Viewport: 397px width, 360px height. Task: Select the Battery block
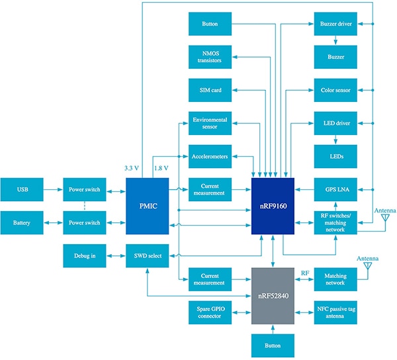tap(21, 223)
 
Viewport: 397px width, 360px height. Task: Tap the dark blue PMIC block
tap(148, 206)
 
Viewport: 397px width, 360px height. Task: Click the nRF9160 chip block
tap(273, 206)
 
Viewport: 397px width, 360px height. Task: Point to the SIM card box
tap(210, 90)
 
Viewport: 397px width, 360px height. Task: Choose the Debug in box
tap(85, 255)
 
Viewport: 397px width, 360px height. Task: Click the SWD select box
tap(148, 255)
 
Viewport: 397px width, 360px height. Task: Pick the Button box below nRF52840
tap(273, 345)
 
